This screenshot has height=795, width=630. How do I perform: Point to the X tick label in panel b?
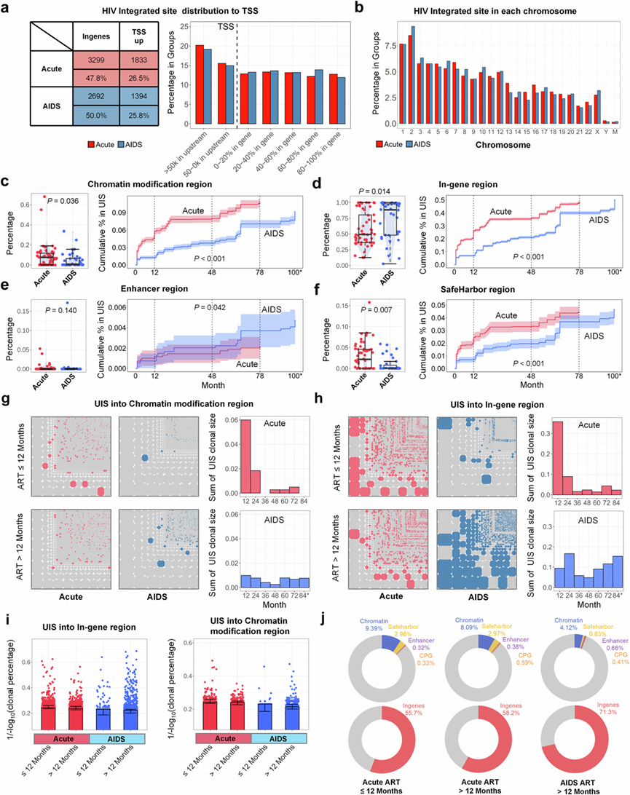click(596, 130)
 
